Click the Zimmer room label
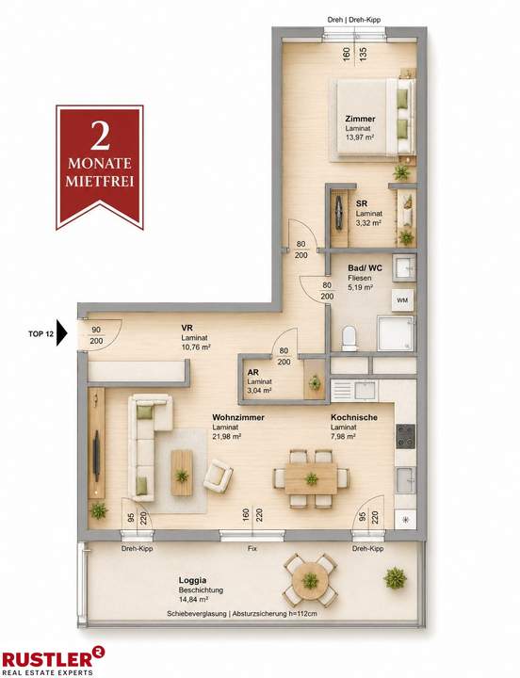click(x=360, y=119)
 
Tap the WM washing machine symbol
click(x=402, y=300)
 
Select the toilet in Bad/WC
click(x=349, y=338)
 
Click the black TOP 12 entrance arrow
click(x=62, y=333)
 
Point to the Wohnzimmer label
click(x=238, y=417)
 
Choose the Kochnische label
click(x=354, y=417)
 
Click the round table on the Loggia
click(x=310, y=580)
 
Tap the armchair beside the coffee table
click(x=218, y=476)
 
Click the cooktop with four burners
click(x=405, y=436)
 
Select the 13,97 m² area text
click(x=360, y=137)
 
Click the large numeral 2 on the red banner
click(x=100, y=136)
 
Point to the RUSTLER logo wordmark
click(x=48, y=658)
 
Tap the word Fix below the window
click(x=252, y=548)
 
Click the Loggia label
click(x=192, y=580)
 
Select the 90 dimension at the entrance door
click(x=96, y=330)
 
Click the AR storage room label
click(x=252, y=372)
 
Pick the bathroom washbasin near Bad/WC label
click(x=404, y=267)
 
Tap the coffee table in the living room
click(x=182, y=473)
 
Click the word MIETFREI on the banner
click(x=100, y=180)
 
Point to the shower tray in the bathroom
click(x=396, y=333)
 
